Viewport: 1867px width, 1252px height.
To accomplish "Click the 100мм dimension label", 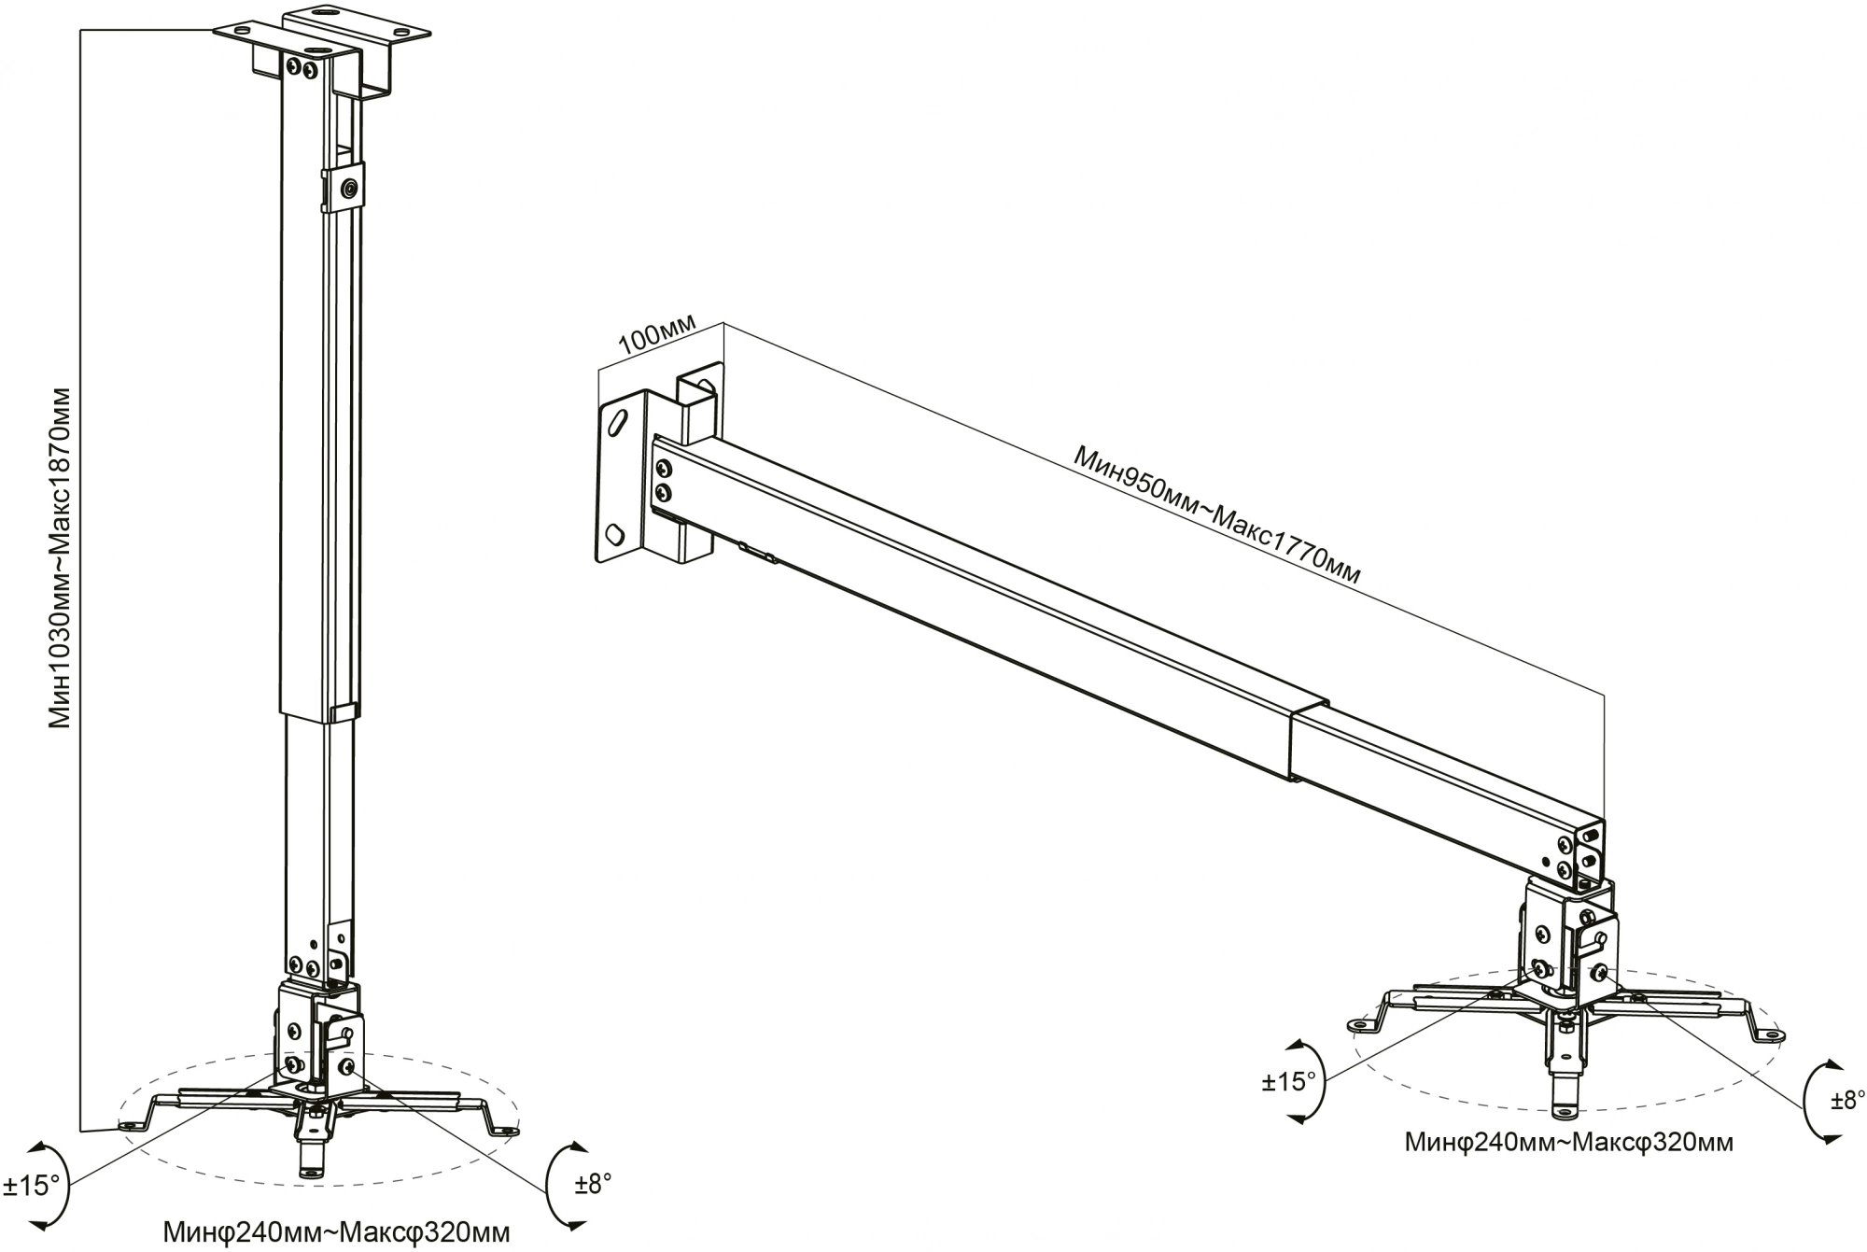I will [x=657, y=333].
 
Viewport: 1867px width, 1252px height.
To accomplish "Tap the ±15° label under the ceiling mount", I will [x=31, y=1187].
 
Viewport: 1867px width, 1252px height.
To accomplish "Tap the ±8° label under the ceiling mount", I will [x=594, y=1184].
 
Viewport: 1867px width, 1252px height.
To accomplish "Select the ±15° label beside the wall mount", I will [x=1288, y=1082].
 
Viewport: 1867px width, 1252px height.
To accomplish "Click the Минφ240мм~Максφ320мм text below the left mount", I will [x=336, y=1232].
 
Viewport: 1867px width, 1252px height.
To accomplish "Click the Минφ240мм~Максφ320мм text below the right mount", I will [x=1568, y=1143].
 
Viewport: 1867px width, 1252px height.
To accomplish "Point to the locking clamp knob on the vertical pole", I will [x=348, y=190].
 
